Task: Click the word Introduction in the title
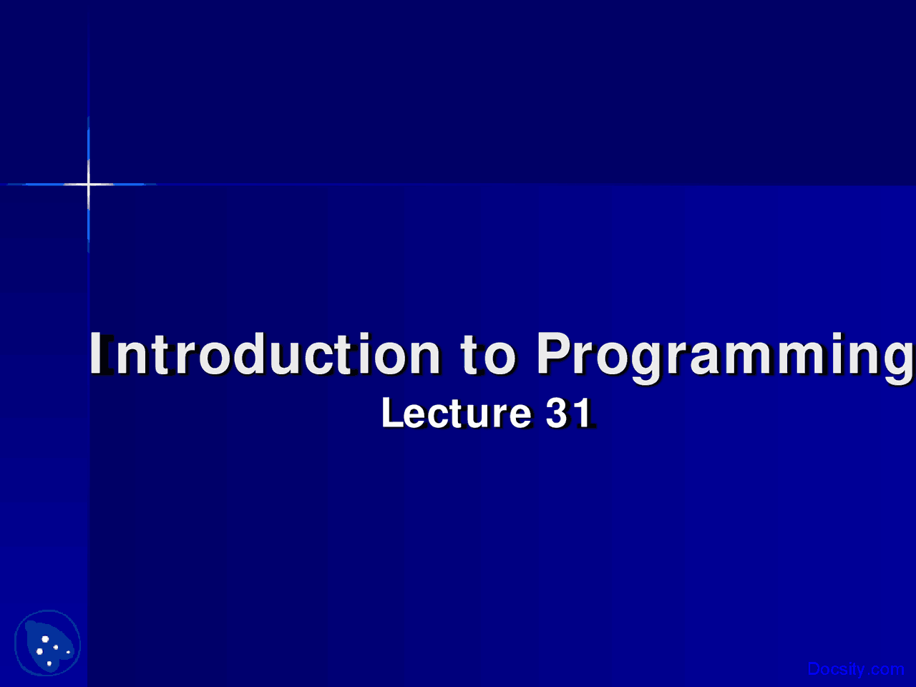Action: point(265,354)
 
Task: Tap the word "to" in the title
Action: point(488,354)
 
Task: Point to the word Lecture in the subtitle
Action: point(457,412)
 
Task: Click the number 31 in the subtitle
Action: point(569,412)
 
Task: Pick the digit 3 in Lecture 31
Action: point(558,412)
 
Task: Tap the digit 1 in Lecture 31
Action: point(584,412)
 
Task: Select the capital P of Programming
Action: point(553,353)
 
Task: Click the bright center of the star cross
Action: point(89,184)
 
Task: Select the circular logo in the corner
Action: point(47,643)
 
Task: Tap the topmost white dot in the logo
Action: point(45,639)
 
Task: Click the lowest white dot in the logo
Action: point(49,663)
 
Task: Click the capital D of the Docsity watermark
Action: point(814,668)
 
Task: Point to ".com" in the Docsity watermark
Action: point(885,669)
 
